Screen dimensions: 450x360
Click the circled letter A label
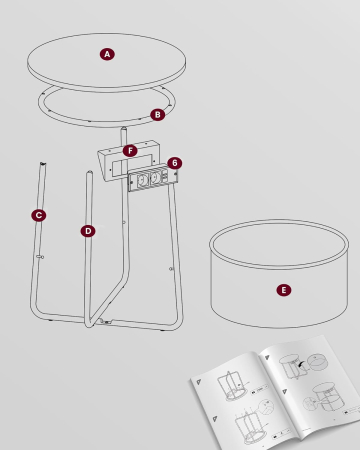pos(107,54)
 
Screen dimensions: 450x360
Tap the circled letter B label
pos(157,114)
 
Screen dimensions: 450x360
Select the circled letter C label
pos(39,215)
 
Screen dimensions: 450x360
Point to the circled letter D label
pos(88,231)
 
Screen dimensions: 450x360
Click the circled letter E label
pos(284,290)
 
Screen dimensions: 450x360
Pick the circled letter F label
pos(129,151)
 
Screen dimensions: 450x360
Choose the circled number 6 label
pos(174,162)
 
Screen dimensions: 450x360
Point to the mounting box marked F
pos(115,160)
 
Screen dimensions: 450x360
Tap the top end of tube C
pos(43,165)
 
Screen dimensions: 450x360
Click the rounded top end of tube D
pos(90,174)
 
